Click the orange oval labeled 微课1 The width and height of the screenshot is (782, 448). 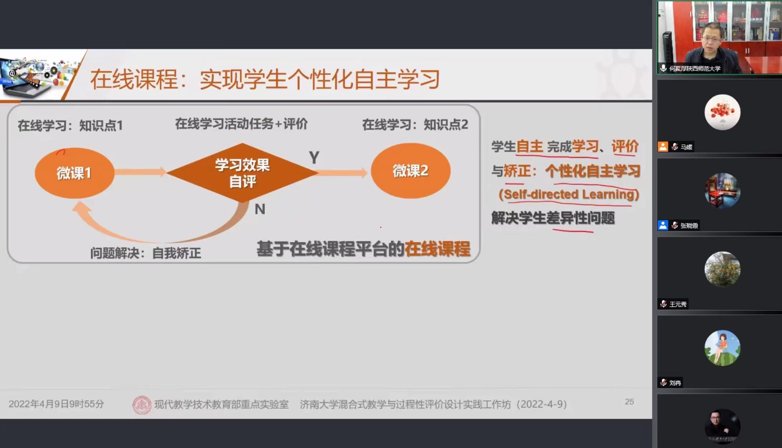[75, 173]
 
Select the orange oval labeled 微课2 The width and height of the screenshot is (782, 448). [411, 171]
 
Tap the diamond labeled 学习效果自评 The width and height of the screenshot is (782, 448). [242, 173]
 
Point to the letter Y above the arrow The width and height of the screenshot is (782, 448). [314, 158]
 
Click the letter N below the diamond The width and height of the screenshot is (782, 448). [260, 209]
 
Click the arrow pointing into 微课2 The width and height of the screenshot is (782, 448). [342, 173]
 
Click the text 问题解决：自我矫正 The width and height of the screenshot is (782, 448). [146, 253]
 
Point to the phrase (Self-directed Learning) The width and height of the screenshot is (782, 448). [569, 194]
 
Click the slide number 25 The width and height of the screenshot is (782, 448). [629, 402]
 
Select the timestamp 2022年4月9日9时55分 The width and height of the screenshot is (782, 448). [56, 404]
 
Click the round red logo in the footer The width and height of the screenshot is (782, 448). [142, 405]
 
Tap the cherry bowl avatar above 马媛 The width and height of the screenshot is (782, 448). [722, 112]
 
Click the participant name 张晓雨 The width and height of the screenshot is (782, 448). [689, 225]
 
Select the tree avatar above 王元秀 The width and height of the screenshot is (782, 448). [722, 269]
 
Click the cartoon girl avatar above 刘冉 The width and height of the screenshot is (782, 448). [722, 348]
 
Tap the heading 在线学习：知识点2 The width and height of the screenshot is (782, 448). [415, 125]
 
